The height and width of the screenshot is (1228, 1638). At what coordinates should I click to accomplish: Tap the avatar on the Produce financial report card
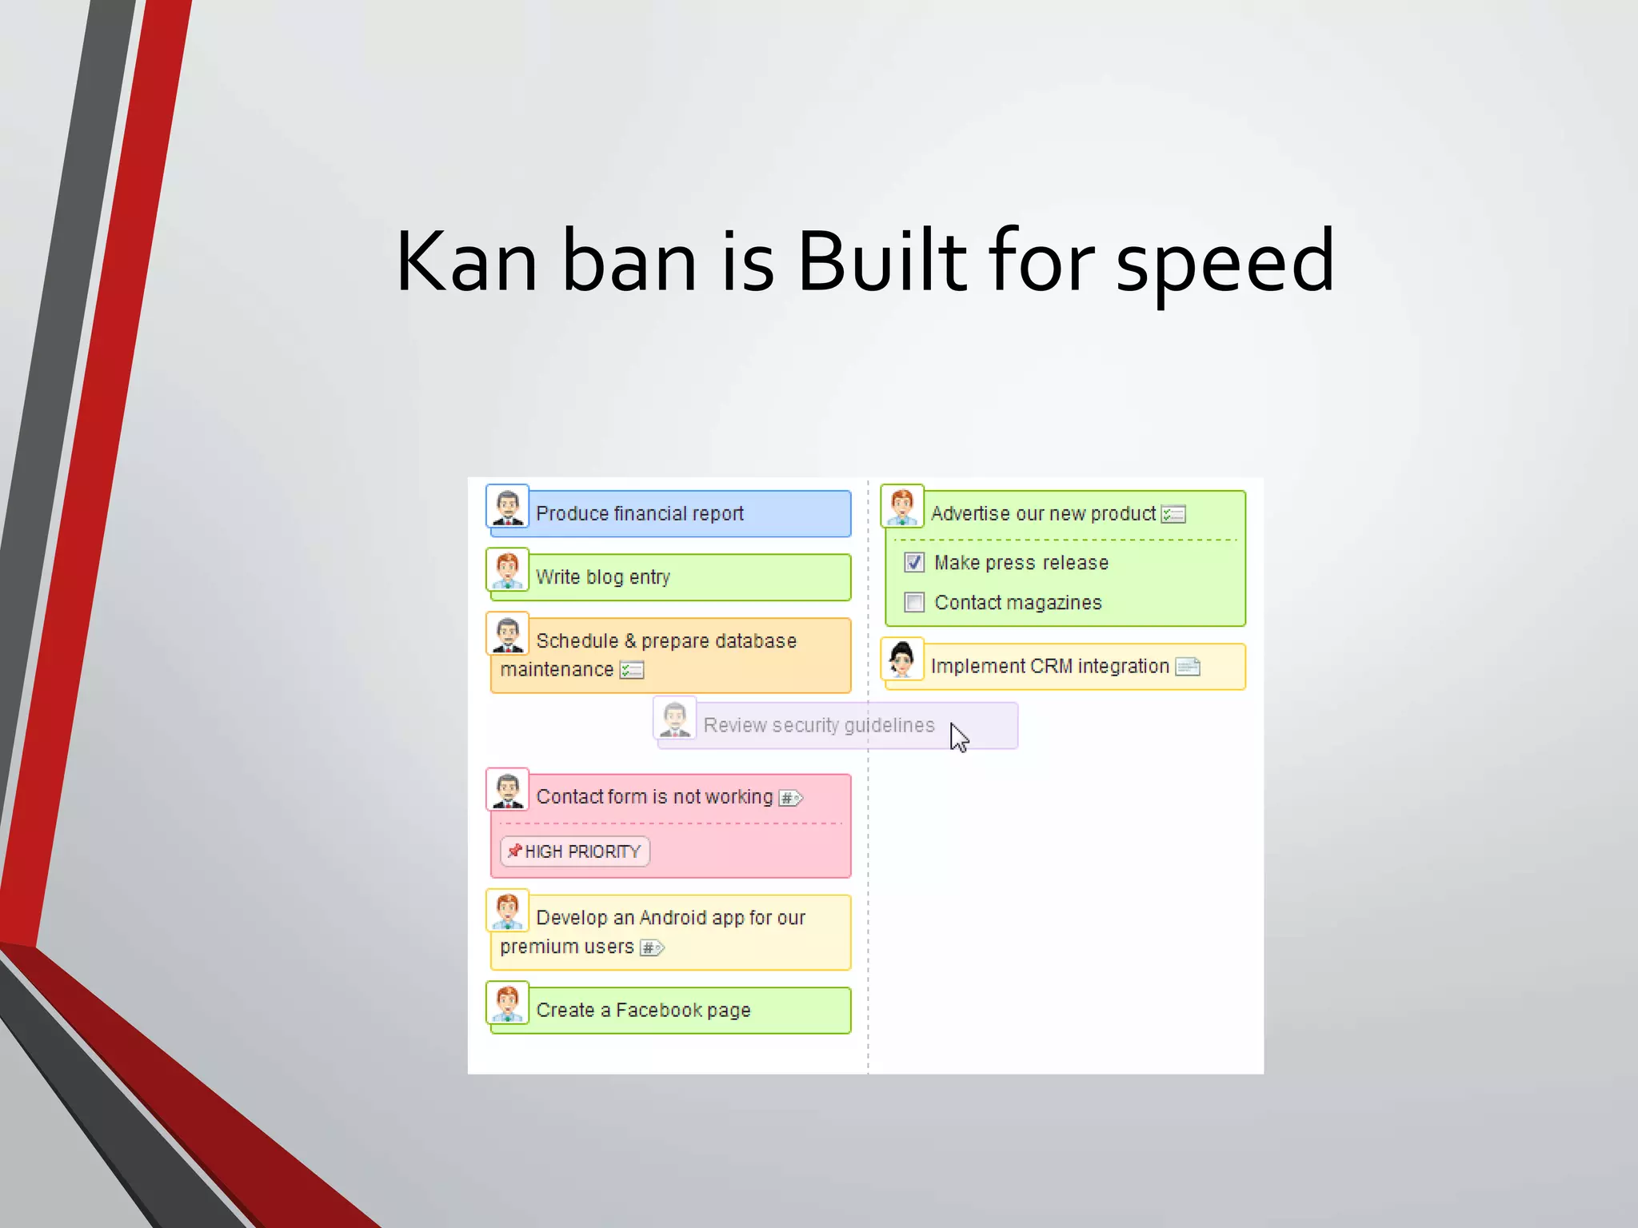(x=508, y=507)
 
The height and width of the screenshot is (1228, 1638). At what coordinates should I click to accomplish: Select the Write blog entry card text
(x=603, y=577)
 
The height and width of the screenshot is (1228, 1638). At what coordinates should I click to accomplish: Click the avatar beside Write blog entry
(x=508, y=570)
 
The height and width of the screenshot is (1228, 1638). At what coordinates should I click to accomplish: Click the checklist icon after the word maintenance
(x=632, y=670)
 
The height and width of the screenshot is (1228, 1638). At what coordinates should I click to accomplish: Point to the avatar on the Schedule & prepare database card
(x=508, y=634)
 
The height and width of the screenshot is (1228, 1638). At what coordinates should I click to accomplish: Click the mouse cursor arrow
(x=958, y=737)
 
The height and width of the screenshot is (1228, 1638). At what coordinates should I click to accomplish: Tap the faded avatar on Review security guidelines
(x=675, y=718)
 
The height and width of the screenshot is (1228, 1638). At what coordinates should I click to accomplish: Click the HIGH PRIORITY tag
(x=575, y=851)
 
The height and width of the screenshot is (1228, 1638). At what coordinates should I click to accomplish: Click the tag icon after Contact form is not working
(x=790, y=798)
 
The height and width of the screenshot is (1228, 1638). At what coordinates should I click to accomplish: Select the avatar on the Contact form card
(x=508, y=790)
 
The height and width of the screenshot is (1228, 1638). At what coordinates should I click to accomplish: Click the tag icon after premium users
(x=652, y=948)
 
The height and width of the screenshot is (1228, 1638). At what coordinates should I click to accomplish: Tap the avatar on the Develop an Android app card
(x=508, y=911)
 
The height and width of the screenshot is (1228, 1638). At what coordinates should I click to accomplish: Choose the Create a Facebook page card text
(x=643, y=1011)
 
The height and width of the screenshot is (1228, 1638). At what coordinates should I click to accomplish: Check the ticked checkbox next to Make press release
(x=914, y=563)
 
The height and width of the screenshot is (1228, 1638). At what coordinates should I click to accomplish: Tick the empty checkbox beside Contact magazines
(x=914, y=602)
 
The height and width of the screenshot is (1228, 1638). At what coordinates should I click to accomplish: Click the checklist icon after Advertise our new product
(x=1173, y=514)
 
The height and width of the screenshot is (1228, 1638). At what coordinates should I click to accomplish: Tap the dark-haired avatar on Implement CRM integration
(x=902, y=660)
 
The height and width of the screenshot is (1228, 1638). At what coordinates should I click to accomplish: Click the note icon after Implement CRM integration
(x=1188, y=667)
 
